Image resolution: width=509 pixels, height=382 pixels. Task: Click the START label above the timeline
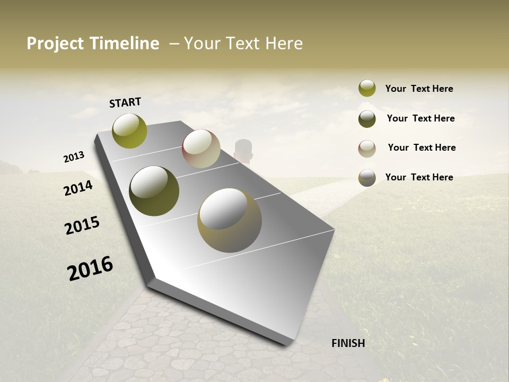[x=125, y=102]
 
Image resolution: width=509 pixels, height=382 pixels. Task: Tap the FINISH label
[x=348, y=343]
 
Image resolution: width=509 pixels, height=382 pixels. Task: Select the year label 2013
[x=74, y=157]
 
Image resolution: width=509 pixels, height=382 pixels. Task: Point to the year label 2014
[x=78, y=188]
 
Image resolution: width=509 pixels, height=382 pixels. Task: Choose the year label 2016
[x=90, y=268]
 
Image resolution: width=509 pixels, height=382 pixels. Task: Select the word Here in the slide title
[x=284, y=44]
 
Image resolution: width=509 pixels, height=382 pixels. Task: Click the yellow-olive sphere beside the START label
[x=129, y=131]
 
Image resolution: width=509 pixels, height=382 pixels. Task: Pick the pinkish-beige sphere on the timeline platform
[x=201, y=149]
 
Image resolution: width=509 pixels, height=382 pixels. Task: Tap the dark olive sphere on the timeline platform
[x=154, y=191]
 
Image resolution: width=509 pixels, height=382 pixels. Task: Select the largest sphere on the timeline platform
[x=230, y=220]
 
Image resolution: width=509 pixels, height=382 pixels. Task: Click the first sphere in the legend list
[x=367, y=88]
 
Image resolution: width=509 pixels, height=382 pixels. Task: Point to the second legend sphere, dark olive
[x=367, y=119]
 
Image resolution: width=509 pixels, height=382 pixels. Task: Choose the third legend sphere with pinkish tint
[x=367, y=149]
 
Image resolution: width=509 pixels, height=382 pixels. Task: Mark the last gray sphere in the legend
[x=367, y=178]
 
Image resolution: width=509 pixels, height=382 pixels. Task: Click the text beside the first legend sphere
[x=419, y=89]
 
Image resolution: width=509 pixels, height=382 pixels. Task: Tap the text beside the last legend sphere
[x=419, y=177]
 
